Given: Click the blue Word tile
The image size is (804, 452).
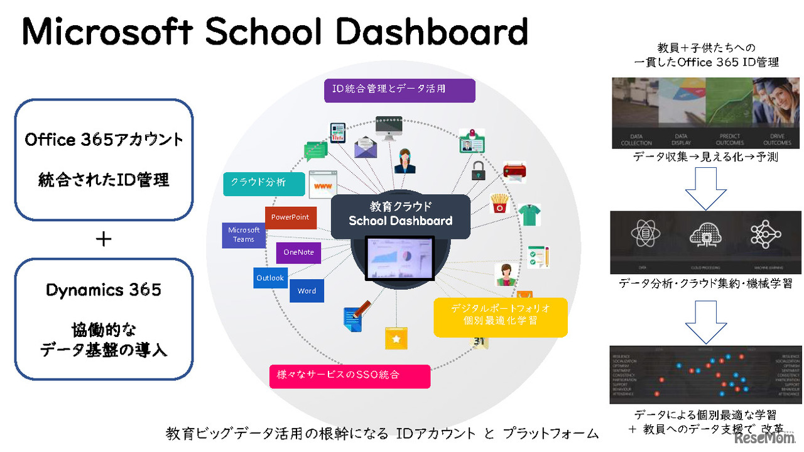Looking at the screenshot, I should (307, 290).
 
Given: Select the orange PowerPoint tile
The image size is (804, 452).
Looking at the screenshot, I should (290, 218).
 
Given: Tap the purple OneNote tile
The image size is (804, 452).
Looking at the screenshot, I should (298, 252).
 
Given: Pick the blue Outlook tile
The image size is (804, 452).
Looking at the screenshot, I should (270, 277).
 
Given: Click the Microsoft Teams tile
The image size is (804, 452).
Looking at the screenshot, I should (244, 234).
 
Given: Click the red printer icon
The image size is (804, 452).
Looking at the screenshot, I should (514, 172).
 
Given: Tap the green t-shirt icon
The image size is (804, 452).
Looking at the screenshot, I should (529, 214).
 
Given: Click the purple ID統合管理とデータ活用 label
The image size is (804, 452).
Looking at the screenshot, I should (399, 90).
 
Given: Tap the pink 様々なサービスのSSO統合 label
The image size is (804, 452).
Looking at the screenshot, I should (350, 375).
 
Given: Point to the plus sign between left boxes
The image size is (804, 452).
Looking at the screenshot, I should (104, 239).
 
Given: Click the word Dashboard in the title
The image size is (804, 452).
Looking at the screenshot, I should (434, 32).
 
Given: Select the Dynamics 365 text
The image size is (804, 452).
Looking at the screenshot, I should (104, 290).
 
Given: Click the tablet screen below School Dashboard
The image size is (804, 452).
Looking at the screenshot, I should (400, 258).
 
